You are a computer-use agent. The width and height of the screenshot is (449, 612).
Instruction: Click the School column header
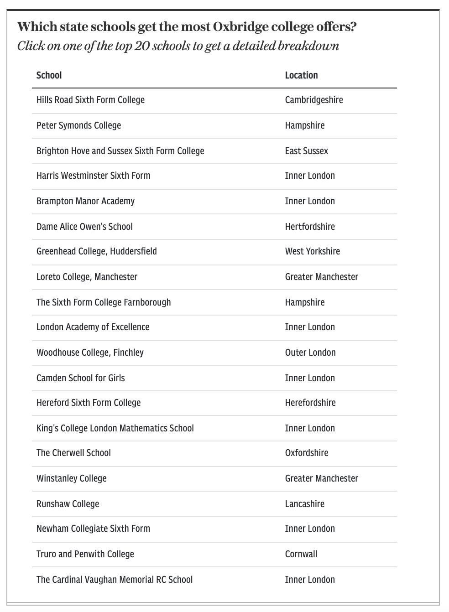[49, 75]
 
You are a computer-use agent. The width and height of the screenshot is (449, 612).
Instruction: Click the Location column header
[301, 75]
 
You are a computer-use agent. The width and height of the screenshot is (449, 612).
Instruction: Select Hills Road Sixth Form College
[90, 100]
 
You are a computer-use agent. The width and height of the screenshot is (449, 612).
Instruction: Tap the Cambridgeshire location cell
[313, 100]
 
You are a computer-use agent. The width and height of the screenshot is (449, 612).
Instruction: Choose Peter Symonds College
[78, 125]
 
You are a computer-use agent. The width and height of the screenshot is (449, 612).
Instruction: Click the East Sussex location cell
[306, 151]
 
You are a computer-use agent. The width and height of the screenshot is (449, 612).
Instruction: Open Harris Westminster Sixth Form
[93, 176]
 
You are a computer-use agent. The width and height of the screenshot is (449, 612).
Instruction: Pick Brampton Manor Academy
[85, 201]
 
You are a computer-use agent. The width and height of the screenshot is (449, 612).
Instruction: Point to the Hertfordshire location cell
[310, 227]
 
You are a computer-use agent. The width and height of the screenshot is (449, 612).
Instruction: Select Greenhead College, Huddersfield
[96, 251]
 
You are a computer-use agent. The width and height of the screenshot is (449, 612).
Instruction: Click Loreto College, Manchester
[87, 277]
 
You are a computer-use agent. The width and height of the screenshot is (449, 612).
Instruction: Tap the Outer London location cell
[310, 353]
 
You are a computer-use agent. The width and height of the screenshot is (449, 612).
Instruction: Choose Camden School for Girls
[80, 378]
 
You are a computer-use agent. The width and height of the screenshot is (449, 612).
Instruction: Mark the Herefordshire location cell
[310, 403]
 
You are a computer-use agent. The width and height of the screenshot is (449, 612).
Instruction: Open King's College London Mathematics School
[115, 428]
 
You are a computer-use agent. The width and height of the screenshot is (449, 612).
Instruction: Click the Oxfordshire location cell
[307, 453]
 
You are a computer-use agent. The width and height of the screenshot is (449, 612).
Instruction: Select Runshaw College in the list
[68, 504]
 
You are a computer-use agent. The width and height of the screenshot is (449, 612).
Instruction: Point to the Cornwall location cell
[301, 554]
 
